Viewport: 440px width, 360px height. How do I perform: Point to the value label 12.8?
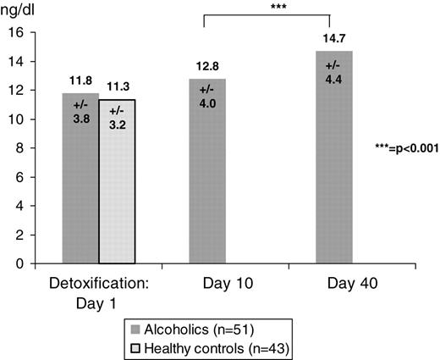[206, 66]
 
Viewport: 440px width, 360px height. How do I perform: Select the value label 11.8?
[80, 80]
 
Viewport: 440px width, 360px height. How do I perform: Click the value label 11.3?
[116, 85]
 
